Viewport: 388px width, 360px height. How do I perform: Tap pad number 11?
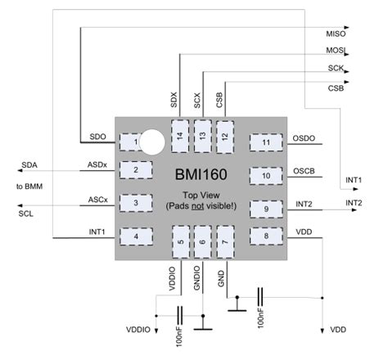[x=266, y=143]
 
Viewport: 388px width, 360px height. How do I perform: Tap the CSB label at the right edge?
[x=336, y=88]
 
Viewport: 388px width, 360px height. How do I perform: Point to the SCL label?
[x=25, y=214]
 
